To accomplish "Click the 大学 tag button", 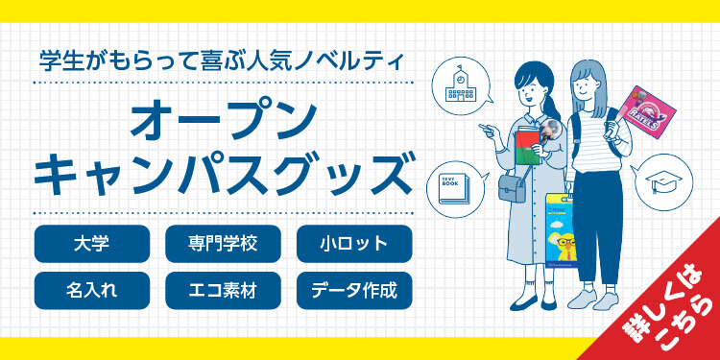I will click(x=91, y=243).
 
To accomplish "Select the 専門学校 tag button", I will click(x=223, y=243).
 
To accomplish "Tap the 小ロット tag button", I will click(x=354, y=243).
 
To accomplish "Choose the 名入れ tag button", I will click(x=91, y=290).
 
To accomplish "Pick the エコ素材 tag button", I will click(x=223, y=290).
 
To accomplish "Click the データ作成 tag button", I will click(x=354, y=290).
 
